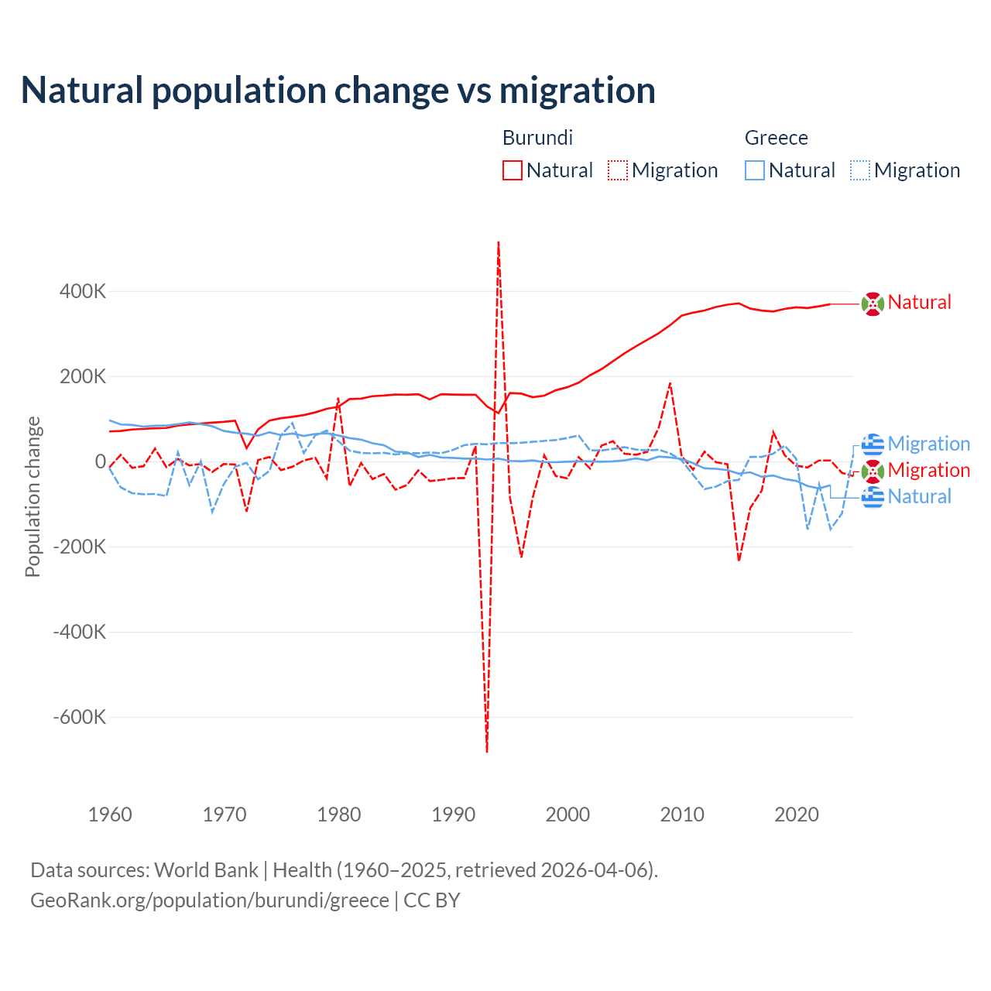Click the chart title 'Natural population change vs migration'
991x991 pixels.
pos(338,91)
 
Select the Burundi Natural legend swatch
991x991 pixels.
pos(512,170)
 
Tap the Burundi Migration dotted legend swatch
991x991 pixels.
pos(618,170)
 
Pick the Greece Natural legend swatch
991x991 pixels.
pos(755,170)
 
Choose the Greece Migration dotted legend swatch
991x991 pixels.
pos(860,170)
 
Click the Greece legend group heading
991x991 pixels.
pos(776,138)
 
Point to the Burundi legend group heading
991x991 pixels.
pos(537,138)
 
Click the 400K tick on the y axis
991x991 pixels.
pos(83,292)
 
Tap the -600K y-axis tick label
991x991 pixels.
pos(80,717)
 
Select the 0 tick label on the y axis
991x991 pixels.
pos(101,461)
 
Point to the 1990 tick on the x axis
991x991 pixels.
pos(454,814)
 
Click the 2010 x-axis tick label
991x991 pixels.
pos(682,814)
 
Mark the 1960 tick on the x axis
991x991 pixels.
pos(111,814)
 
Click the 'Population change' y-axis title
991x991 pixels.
pos(33,497)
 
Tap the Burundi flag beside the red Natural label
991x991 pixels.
pos(873,303)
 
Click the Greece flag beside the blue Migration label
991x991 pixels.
pos(873,444)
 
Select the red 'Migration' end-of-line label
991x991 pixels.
pos(929,470)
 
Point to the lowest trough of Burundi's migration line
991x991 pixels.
pos(487,751)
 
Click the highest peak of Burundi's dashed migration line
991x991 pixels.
pos(499,242)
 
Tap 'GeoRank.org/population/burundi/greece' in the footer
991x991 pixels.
pos(210,900)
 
